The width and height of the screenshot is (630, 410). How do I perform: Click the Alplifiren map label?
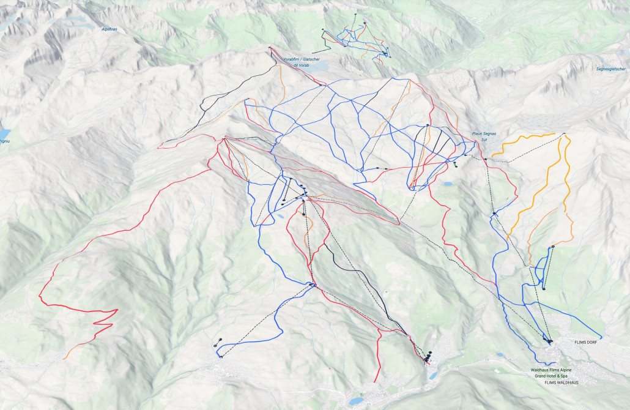click(x=109, y=29)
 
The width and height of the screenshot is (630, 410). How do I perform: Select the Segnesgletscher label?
click(x=610, y=69)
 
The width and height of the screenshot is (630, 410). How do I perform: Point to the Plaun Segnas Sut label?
click(x=484, y=136)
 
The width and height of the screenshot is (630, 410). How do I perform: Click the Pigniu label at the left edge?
click(x=4, y=141)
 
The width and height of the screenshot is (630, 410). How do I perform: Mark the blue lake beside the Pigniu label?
click(x=4, y=132)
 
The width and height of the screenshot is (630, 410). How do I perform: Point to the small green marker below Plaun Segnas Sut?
click(x=454, y=164)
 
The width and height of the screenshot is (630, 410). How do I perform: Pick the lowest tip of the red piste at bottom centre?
click(x=374, y=382)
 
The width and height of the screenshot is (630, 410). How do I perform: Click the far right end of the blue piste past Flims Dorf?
click(x=601, y=338)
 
